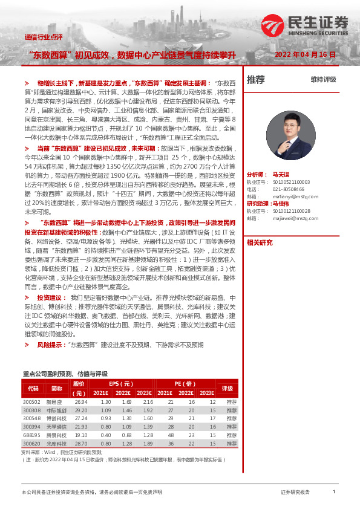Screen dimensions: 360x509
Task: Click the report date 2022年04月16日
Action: point(305,54)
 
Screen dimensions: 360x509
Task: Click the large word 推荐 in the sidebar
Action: point(256,79)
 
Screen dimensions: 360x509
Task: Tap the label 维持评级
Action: point(323,79)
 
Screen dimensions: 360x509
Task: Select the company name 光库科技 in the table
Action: point(55,443)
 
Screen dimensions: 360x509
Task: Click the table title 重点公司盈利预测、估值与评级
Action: point(65,374)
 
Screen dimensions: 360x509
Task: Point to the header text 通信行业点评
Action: point(43,37)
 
